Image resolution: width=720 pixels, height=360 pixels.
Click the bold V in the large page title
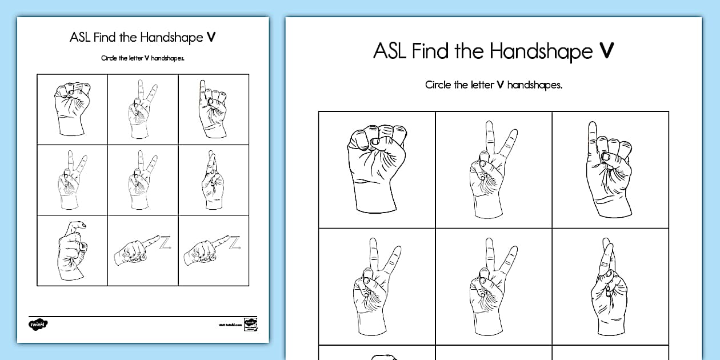tap(606, 51)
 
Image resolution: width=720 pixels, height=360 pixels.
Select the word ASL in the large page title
tap(390, 51)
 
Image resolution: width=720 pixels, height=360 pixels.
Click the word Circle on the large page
tap(438, 85)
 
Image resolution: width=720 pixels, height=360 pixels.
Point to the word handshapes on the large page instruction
tap(535, 85)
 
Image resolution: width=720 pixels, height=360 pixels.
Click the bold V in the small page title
tap(211, 38)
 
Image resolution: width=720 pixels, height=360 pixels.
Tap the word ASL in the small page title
tap(78, 38)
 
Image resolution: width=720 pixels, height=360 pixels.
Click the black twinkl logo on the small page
tap(38, 324)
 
